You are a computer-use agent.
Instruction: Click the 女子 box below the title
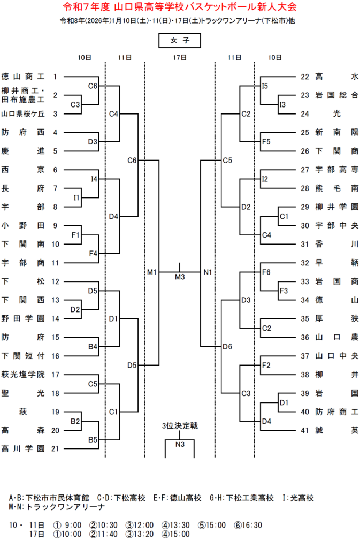coord(179,41)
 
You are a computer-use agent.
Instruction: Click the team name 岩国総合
coord(336,95)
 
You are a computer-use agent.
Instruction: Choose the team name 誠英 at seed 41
coord(336,429)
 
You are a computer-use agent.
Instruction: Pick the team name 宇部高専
coord(336,170)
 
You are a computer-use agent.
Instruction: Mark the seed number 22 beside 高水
coord(305,77)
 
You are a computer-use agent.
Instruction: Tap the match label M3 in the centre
coord(180,277)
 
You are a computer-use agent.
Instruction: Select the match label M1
coord(152,272)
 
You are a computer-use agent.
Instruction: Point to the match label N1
coord(208,272)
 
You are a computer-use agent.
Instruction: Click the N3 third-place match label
coord(180,444)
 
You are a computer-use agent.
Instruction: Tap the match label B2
coord(75,421)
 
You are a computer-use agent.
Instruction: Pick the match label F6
coord(266,272)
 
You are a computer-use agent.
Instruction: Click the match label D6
coord(227,346)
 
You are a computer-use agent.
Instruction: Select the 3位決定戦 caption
coord(180,426)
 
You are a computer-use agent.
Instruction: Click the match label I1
coord(76,197)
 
